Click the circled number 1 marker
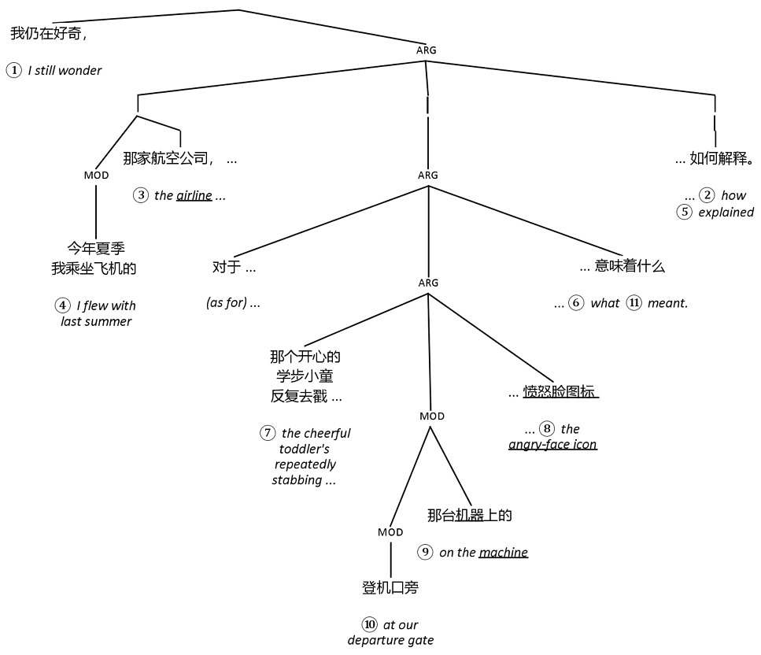(x=14, y=70)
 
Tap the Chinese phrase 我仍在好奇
(x=46, y=34)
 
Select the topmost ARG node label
(x=427, y=50)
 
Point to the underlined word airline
(x=194, y=195)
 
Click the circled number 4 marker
(x=62, y=305)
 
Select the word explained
(x=726, y=212)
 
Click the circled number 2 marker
(x=707, y=195)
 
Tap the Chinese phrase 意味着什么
(x=630, y=266)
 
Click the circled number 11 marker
(x=634, y=303)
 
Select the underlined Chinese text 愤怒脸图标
(x=560, y=391)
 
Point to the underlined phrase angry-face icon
(x=552, y=444)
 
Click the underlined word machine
(x=503, y=552)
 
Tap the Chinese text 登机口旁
(x=390, y=588)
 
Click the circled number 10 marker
(x=370, y=625)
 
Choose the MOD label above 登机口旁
(x=390, y=532)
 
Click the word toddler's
(x=304, y=449)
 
